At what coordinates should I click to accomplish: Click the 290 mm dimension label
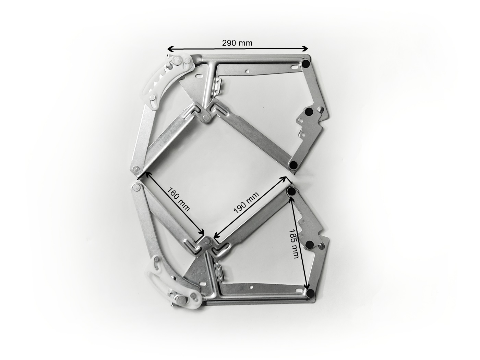point(237,43)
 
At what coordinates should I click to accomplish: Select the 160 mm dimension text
point(178,199)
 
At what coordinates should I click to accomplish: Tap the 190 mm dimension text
point(247,202)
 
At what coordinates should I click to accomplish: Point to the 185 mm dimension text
point(294,244)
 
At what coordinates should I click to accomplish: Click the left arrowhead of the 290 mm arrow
point(170,49)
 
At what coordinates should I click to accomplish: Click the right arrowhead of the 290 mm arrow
point(305,49)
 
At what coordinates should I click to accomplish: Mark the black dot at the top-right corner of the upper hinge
point(305,64)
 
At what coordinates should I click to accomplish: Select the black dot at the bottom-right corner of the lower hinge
point(311,293)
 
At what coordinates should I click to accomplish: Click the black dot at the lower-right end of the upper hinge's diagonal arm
point(293,164)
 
